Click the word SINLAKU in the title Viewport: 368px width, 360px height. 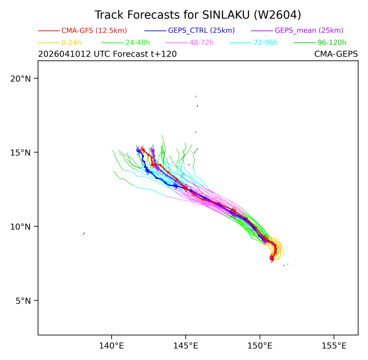tap(226, 15)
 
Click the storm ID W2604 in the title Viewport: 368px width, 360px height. tap(276, 15)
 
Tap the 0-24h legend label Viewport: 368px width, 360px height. tap(71, 43)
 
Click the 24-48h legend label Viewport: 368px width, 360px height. tap(137, 43)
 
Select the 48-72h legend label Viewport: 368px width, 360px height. tap(202, 43)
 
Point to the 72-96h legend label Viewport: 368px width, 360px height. tap(266, 43)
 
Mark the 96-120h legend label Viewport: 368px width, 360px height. tap(332, 43)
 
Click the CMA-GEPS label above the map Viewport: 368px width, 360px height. tap(336, 54)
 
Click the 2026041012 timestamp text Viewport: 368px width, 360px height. tap(64, 54)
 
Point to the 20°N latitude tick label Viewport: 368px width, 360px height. tap(21, 79)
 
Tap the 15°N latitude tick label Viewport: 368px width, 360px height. tap(21, 153)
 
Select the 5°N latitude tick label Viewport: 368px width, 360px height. tap(23, 301)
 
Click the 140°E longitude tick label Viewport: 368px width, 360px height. tap(112, 346)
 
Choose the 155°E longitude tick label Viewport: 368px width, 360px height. tap(334, 346)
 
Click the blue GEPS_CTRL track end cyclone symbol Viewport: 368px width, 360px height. tap(139, 150)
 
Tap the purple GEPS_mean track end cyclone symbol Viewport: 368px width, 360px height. tap(153, 150)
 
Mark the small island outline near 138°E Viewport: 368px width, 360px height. tap(84, 233)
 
